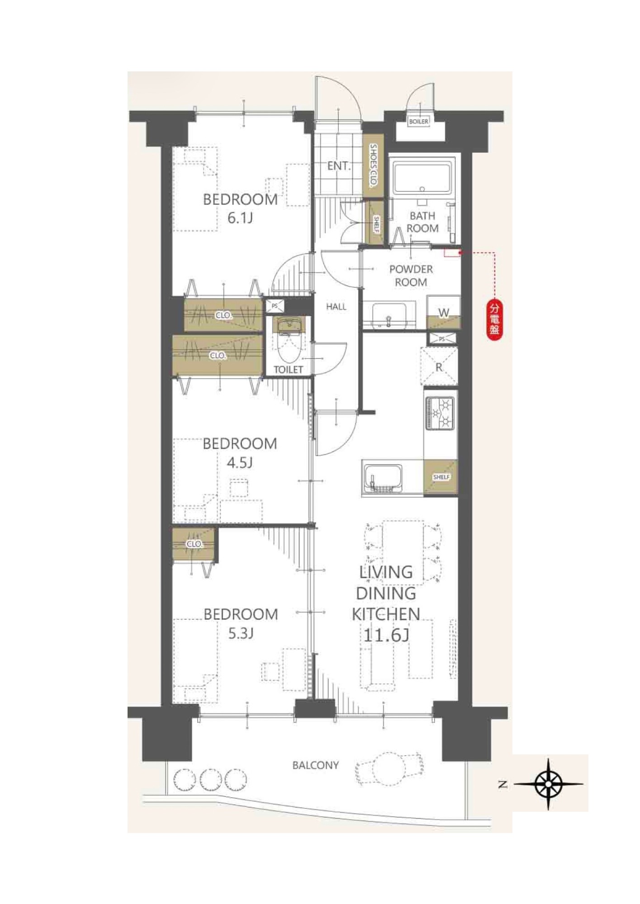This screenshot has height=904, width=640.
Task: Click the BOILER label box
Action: (x=418, y=122)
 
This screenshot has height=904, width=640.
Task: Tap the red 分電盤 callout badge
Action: (x=495, y=320)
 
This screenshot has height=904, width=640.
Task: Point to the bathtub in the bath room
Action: (x=422, y=178)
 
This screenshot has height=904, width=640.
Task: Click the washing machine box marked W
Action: (x=444, y=312)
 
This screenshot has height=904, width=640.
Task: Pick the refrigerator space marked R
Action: (x=439, y=366)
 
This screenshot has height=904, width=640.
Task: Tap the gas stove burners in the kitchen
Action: (x=441, y=413)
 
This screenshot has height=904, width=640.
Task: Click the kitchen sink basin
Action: (x=383, y=478)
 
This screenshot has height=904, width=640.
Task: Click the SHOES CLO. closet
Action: (x=374, y=166)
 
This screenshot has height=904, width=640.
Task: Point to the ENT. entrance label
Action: (x=339, y=166)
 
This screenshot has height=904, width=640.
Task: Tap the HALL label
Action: (x=336, y=306)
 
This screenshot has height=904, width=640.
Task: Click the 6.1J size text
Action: (x=240, y=218)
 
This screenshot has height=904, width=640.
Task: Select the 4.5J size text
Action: (x=240, y=463)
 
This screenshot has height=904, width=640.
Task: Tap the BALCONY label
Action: (x=316, y=765)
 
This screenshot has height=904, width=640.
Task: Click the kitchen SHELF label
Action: (x=441, y=477)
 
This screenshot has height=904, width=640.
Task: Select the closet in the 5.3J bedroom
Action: (x=195, y=545)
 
